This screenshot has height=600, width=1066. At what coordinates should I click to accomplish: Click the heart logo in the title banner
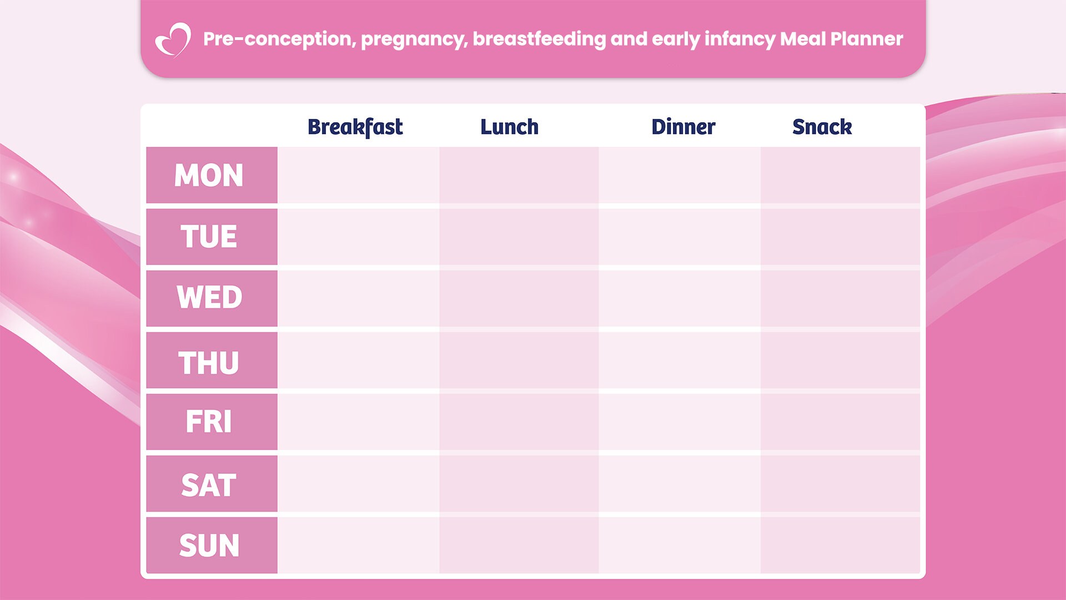coord(173,40)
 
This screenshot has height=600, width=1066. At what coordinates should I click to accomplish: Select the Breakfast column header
coord(355,127)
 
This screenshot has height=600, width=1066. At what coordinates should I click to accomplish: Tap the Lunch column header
coord(509,127)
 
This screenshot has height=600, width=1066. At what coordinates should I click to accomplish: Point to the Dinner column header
coord(683,127)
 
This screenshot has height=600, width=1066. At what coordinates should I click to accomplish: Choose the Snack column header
coord(822,127)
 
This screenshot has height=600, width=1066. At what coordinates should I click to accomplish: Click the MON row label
coord(209,175)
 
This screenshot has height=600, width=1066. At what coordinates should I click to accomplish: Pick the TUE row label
coord(209,237)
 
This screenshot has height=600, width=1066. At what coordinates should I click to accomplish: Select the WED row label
coord(209,298)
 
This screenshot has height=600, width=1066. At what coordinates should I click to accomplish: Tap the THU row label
coord(209,363)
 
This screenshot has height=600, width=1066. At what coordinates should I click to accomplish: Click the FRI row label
coord(209,422)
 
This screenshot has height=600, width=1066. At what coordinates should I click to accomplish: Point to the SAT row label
coord(209,485)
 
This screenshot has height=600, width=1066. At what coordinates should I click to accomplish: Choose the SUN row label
coord(209,545)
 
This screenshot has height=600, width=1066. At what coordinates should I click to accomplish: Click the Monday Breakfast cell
coord(358,175)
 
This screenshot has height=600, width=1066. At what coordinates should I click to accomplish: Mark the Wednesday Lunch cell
coord(519,298)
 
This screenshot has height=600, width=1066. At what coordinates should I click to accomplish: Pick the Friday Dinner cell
coord(679,422)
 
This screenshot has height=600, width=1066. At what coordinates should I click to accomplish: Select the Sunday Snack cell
coord(840,545)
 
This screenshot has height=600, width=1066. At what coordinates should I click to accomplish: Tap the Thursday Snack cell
coord(840,360)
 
